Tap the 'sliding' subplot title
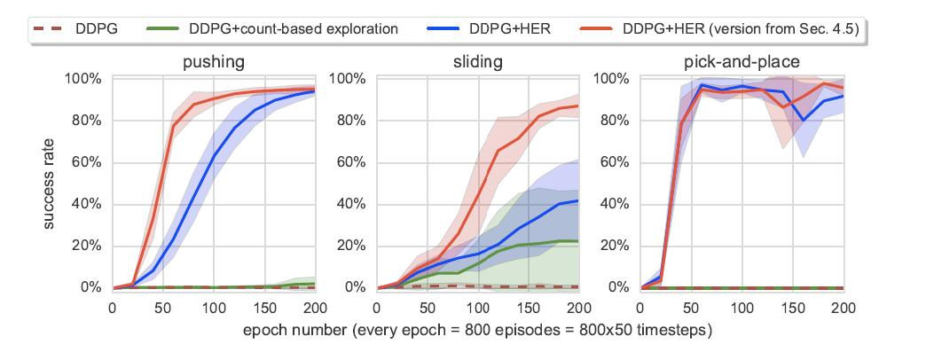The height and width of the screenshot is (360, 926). (477, 62)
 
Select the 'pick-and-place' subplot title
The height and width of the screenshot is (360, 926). (742, 62)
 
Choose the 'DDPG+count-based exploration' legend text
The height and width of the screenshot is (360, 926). (294, 28)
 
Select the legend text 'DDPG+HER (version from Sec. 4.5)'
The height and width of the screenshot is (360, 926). (741, 28)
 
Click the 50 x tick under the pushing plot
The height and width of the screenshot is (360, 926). (162, 307)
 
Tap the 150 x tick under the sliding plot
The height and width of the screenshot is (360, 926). (528, 307)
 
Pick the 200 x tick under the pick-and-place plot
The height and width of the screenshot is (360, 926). (843, 307)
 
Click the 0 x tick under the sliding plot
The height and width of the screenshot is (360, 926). (377, 307)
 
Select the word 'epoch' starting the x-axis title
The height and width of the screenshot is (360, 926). (261, 332)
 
